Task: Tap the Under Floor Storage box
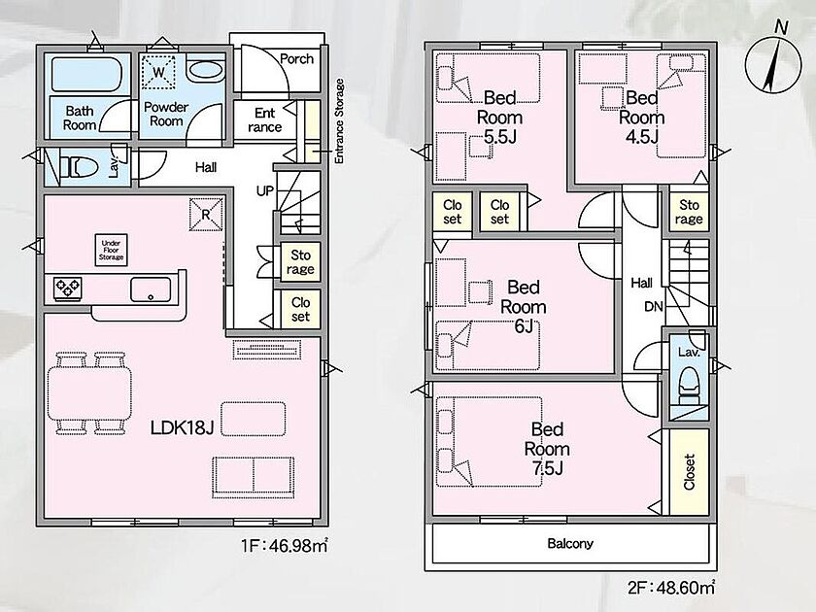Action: (112, 250)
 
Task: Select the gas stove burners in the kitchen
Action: (68, 288)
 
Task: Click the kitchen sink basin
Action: (151, 289)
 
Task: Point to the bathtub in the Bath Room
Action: (86, 75)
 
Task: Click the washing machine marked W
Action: (158, 72)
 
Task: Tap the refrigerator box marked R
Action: (206, 214)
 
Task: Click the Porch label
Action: (296, 59)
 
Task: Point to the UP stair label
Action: (265, 191)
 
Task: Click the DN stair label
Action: (654, 307)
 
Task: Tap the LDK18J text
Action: (183, 427)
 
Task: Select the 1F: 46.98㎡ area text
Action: (284, 546)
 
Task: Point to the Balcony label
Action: (570, 544)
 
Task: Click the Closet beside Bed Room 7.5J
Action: (689, 472)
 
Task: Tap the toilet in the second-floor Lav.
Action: (690, 386)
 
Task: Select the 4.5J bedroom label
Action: (642, 118)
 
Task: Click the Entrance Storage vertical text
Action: (339, 121)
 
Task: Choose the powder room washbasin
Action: (205, 70)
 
